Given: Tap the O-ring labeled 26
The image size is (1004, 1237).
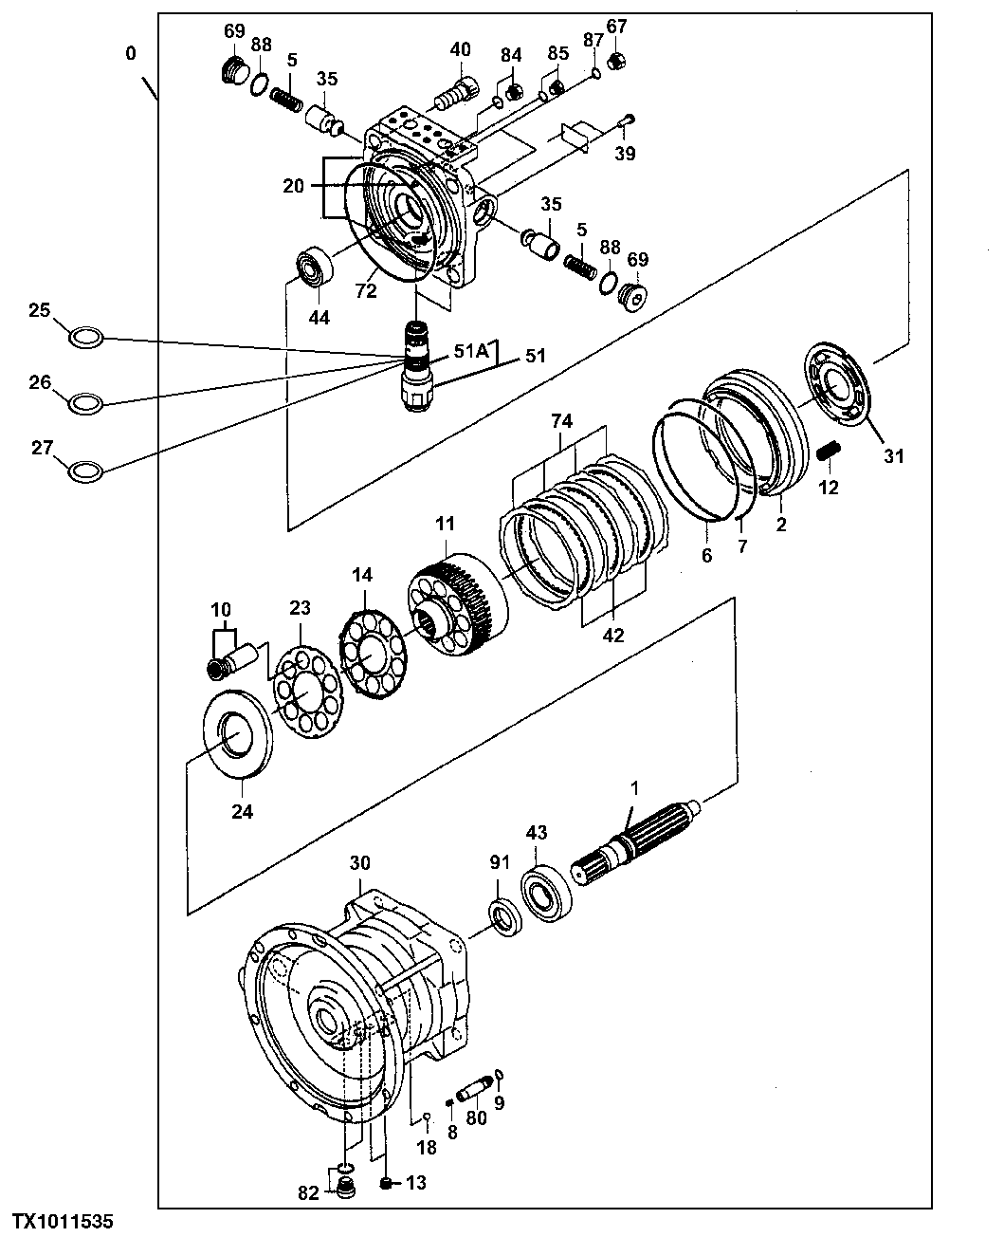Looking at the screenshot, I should tap(84, 402).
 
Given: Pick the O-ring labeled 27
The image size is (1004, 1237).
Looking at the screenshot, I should tap(84, 470).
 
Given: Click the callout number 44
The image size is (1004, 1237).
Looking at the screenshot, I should tap(319, 318).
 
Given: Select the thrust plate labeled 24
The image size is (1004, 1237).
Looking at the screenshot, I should tap(239, 733).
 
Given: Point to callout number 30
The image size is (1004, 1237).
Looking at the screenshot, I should tap(359, 863).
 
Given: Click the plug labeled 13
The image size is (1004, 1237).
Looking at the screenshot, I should tap(386, 1182).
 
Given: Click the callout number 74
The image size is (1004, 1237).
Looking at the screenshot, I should tap(561, 420).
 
